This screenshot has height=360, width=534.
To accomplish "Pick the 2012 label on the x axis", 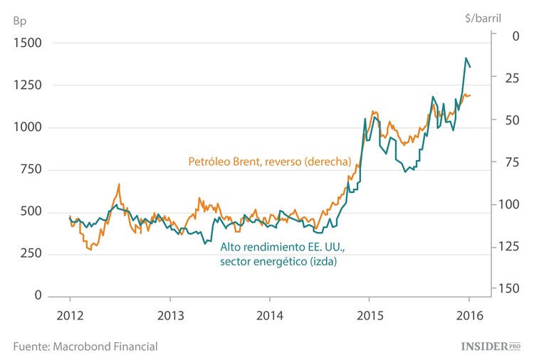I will pyautogui.click(x=70, y=315).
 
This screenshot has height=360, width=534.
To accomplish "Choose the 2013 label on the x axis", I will pyautogui.click(x=169, y=315).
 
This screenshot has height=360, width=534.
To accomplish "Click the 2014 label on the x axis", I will pyautogui.click(x=269, y=315).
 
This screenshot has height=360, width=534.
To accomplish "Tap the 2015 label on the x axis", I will pyautogui.click(x=369, y=315).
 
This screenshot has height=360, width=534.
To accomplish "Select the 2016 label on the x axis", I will pyautogui.click(x=468, y=315).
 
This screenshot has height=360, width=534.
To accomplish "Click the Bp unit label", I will pyautogui.click(x=20, y=19).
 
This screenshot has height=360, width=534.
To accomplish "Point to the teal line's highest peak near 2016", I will pyautogui.click(x=466, y=58).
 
